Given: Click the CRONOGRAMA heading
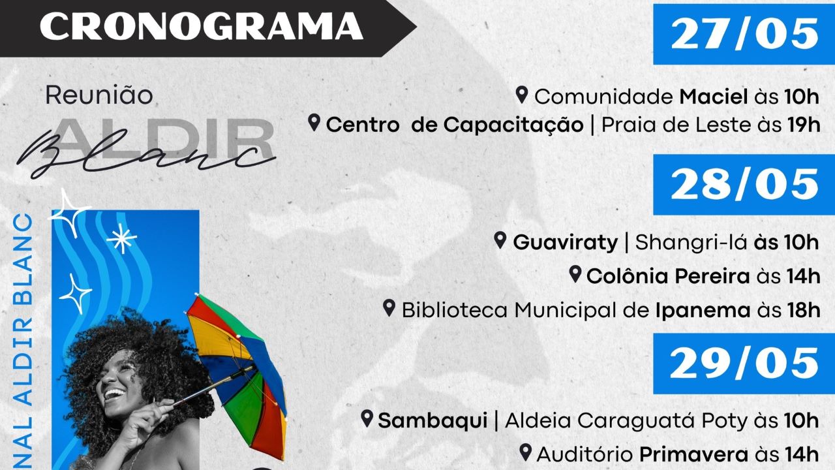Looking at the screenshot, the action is click(x=202, y=26).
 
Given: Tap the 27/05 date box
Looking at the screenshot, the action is click(x=744, y=34).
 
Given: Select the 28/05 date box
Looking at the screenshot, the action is click(x=744, y=185).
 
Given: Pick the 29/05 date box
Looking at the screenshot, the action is click(x=744, y=364).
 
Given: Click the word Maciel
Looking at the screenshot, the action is click(x=714, y=97).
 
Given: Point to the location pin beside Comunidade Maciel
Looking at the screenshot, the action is click(x=522, y=95).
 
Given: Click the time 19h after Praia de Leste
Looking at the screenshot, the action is click(x=804, y=125).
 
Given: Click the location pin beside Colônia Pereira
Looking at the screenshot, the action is click(x=575, y=274).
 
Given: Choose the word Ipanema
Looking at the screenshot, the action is click(x=703, y=311).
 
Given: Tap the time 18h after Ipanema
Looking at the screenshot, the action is click(x=804, y=310).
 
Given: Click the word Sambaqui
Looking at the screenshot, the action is click(x=433, y=421).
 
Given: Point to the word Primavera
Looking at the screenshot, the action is click(x=693, y=455).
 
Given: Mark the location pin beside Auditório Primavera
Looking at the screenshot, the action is click(x=526, y=452).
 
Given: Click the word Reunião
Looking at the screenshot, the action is click(x=99, y=95).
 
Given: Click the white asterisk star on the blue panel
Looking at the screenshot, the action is click(x=121, y=238).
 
